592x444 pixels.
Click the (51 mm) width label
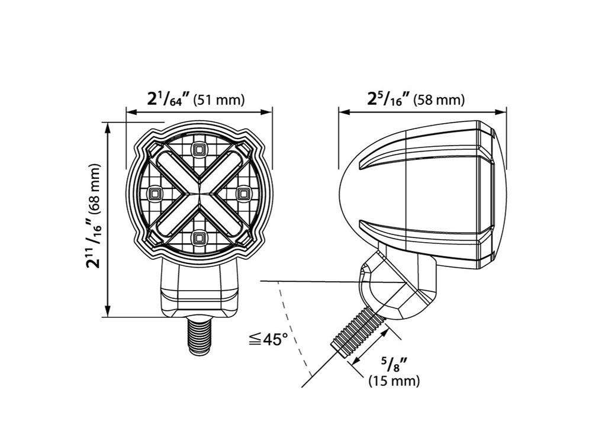[219, 100]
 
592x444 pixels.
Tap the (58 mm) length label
[439, 100]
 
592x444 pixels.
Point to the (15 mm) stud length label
[394, 381]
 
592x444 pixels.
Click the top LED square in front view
[198, 149]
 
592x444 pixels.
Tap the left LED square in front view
[156, 193]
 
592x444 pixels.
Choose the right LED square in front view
[242, 193]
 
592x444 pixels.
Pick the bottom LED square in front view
[198, 237]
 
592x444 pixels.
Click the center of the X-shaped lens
[198, 193]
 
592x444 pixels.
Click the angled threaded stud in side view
[358, 335]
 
